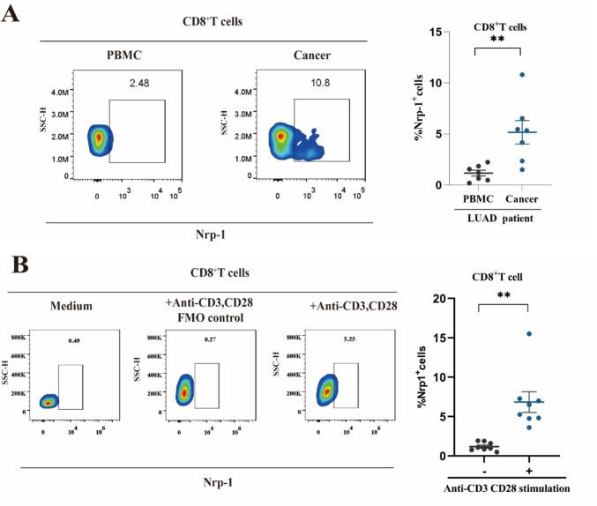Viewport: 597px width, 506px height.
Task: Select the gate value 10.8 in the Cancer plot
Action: pyautogui.click(x=317, y=85)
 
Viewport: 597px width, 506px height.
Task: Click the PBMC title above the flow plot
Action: pyautogui.click(x=118, y=56)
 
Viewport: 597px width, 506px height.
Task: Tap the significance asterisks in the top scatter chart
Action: pyautogui.click(x=498, y=41)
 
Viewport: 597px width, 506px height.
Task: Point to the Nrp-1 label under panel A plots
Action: pyautogui.click(x=208, y=233)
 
